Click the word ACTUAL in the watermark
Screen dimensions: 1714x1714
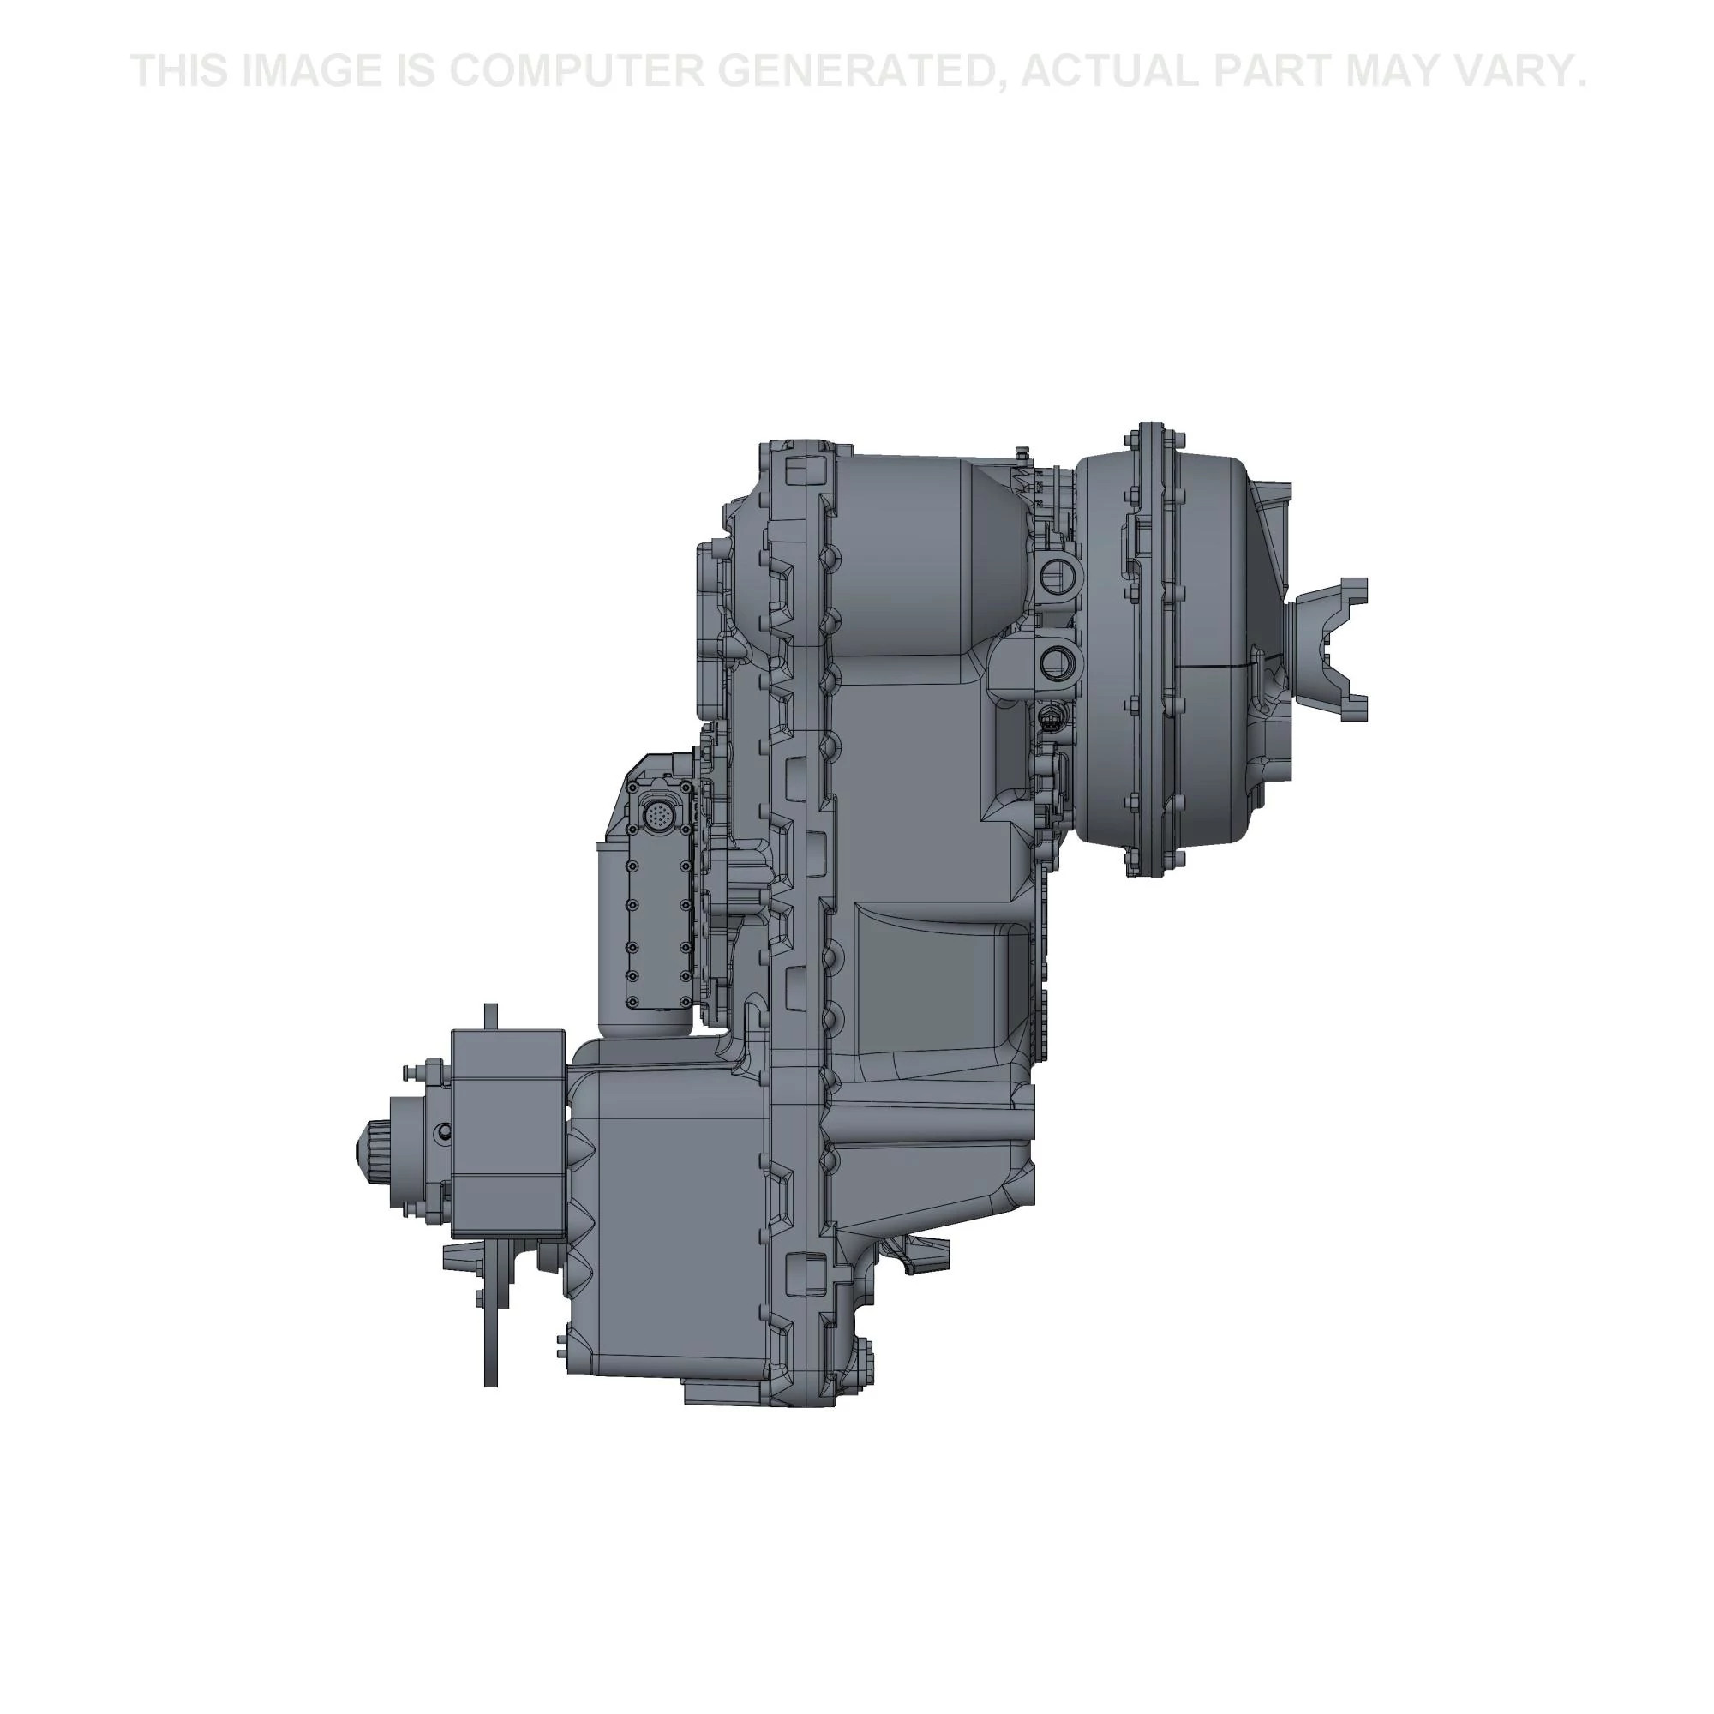click(1108, 71)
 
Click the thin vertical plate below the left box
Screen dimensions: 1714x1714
click(490, 1312)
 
